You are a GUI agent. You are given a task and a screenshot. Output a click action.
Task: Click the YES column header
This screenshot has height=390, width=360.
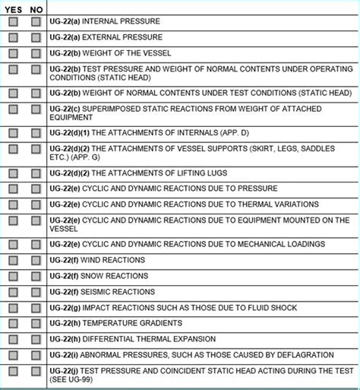click(x=14, y=9)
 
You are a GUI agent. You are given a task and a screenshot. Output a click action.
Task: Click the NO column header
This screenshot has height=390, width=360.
click(x=36, y=9)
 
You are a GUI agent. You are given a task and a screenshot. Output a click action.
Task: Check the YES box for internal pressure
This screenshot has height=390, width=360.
click(x=14, y=22)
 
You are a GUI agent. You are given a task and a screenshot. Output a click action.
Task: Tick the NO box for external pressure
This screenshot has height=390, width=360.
click(x=36, y=36)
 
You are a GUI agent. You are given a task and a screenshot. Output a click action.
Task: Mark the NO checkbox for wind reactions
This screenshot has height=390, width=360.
click(x=36, y=261)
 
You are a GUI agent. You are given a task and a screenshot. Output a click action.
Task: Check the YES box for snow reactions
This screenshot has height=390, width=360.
click(x=14, y=276)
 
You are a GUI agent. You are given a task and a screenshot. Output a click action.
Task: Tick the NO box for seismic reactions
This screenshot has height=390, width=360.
click(x=36, y=292)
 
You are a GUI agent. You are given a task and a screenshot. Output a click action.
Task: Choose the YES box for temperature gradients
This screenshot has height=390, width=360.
click(x=14, y=323)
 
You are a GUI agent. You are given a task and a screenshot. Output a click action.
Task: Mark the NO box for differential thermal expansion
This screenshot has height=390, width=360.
click(x=36, y=338)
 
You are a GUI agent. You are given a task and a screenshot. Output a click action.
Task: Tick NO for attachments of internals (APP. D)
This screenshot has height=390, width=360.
click(x=36, y=133)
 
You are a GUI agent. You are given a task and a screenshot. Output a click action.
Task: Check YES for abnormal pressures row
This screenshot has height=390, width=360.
click(x=14, y=354)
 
